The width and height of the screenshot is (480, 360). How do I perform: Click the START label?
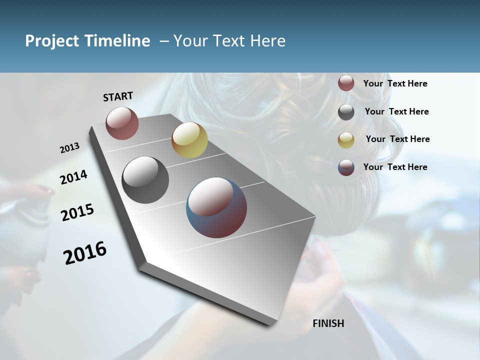(x=118, y=96)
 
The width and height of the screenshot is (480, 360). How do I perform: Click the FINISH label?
(x=328, y=323)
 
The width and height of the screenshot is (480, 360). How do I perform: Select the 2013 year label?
(x=69, y=148)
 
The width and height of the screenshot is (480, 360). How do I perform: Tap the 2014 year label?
(x=73, y=177)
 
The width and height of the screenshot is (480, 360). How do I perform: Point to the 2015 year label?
(x=77, y=212)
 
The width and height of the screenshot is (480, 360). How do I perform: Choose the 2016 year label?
(x=85, y=253)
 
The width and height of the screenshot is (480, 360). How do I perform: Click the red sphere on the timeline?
(x=122, y=123)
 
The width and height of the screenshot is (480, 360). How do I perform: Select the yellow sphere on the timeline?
(x=189, y=140)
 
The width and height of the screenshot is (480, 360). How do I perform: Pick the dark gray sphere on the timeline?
(x=145, y=179)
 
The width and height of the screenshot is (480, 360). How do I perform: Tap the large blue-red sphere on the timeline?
(x=216, y=207)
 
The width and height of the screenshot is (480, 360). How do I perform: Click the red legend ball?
(x=346, y=83)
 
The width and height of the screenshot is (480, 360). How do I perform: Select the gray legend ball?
(x=346, y=112)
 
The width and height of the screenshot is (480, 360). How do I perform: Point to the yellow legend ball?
(x=346, y=140)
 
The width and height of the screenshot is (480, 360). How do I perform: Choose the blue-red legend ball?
(x=346, y=167)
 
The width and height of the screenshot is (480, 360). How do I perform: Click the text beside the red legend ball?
(x=395, y=83)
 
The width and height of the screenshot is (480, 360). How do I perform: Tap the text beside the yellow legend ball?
(x=397, y=139)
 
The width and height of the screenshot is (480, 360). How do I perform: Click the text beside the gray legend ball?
(x=396, y=111)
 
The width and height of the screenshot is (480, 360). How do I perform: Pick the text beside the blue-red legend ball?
(x=395, y=167)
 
